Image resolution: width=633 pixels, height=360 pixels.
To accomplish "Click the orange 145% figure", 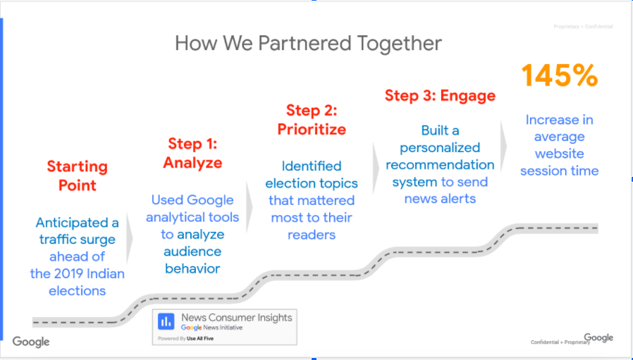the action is [x=559, y=75].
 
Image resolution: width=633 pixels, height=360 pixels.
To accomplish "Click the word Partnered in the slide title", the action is [x=305, y=43].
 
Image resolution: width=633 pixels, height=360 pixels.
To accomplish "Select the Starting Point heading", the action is [x=77, y=175].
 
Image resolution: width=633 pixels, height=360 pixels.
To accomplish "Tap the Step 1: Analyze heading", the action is [x=192, y=153].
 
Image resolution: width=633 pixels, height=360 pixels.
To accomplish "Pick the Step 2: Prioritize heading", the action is [x=312, y=120].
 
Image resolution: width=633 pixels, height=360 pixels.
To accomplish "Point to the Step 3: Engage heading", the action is [x=440, y=96].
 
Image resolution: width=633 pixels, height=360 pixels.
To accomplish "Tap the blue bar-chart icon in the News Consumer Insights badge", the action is [x=166, y=322].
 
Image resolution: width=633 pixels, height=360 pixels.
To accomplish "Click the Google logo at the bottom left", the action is [x=31, y=342].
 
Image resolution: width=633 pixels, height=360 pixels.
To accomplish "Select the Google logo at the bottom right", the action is [x=598, y=337].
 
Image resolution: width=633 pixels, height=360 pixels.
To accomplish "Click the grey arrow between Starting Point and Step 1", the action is [x=129, y=238].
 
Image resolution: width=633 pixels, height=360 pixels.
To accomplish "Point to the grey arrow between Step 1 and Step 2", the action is [x=249, y=207].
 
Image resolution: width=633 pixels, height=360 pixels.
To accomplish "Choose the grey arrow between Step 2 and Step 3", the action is [x=376, y=168].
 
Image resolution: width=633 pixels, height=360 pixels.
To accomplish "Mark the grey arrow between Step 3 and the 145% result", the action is [x=503, y=147].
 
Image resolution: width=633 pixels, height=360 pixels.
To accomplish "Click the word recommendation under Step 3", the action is [x=440, y=165].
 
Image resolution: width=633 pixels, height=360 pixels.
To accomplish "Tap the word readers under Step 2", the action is [x=312, y=235].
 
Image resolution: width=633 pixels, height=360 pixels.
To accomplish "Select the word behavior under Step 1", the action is [x=192, y=268].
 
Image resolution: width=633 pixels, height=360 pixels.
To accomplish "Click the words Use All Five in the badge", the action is [x=200, y=339].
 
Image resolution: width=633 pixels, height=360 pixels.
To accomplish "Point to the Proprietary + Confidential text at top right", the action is [x=583, y=27].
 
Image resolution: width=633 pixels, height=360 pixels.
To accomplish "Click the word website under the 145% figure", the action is [x=559, y=154].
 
